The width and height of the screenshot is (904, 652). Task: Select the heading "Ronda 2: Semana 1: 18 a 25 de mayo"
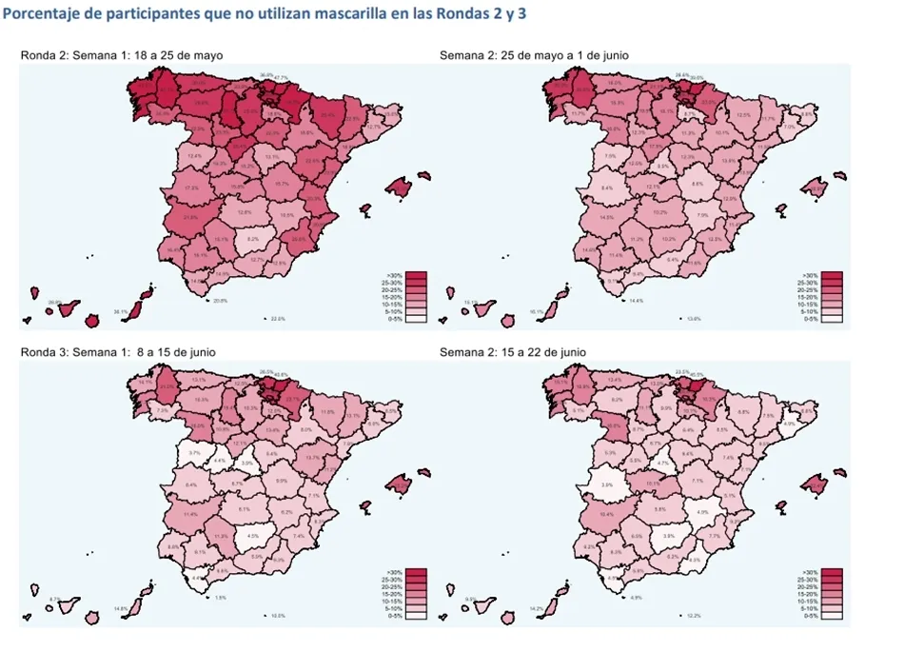pos(122,55)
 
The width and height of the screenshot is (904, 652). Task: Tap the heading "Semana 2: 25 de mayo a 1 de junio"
pos(534,55)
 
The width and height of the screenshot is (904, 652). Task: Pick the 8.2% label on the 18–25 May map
pos(253,239)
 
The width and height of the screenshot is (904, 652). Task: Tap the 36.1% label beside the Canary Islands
pos(120,311)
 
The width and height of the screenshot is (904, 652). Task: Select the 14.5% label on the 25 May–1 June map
pos(608,218)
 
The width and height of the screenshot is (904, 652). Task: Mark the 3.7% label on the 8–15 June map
pos(195,453)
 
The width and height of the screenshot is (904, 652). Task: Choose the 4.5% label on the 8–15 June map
pos(253,536)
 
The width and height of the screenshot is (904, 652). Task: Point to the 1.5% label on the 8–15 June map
pos(221,598)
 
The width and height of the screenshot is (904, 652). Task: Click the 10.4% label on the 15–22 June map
pos(608,514)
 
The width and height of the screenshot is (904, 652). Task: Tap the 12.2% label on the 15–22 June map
pos(694,616)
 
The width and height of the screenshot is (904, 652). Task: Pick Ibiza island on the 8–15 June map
pos(363,506)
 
